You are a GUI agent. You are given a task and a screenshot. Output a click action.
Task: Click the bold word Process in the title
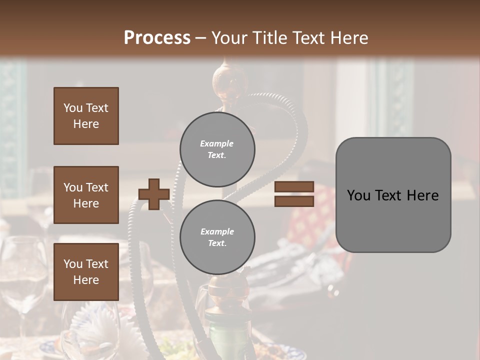coord(157,38)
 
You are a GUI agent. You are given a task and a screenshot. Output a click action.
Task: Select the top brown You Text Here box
coord(86,116)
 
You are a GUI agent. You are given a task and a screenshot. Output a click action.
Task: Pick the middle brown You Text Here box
coord(86,195)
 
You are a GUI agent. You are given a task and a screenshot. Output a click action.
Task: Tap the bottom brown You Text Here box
coord(86,271)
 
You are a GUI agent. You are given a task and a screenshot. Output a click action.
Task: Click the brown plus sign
coord(154,194)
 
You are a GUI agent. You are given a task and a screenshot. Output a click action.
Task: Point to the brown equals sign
coord(294,194)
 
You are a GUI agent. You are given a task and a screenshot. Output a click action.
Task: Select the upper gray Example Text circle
coord(217,149)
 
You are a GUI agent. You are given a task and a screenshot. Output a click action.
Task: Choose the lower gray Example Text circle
coord(217,237)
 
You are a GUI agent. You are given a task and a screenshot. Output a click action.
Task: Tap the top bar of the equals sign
coord(294,186)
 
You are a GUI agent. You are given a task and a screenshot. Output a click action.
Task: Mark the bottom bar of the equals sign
coord(294,201)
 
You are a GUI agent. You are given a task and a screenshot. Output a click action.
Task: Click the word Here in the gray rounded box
coord(422,195)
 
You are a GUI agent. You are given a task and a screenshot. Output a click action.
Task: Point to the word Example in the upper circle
coord(216,143)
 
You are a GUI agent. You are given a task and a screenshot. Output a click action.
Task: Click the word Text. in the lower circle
coord(217,243)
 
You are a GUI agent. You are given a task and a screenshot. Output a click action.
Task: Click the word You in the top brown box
coord(73,108)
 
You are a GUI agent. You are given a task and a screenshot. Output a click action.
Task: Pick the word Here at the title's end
coord(350,38)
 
